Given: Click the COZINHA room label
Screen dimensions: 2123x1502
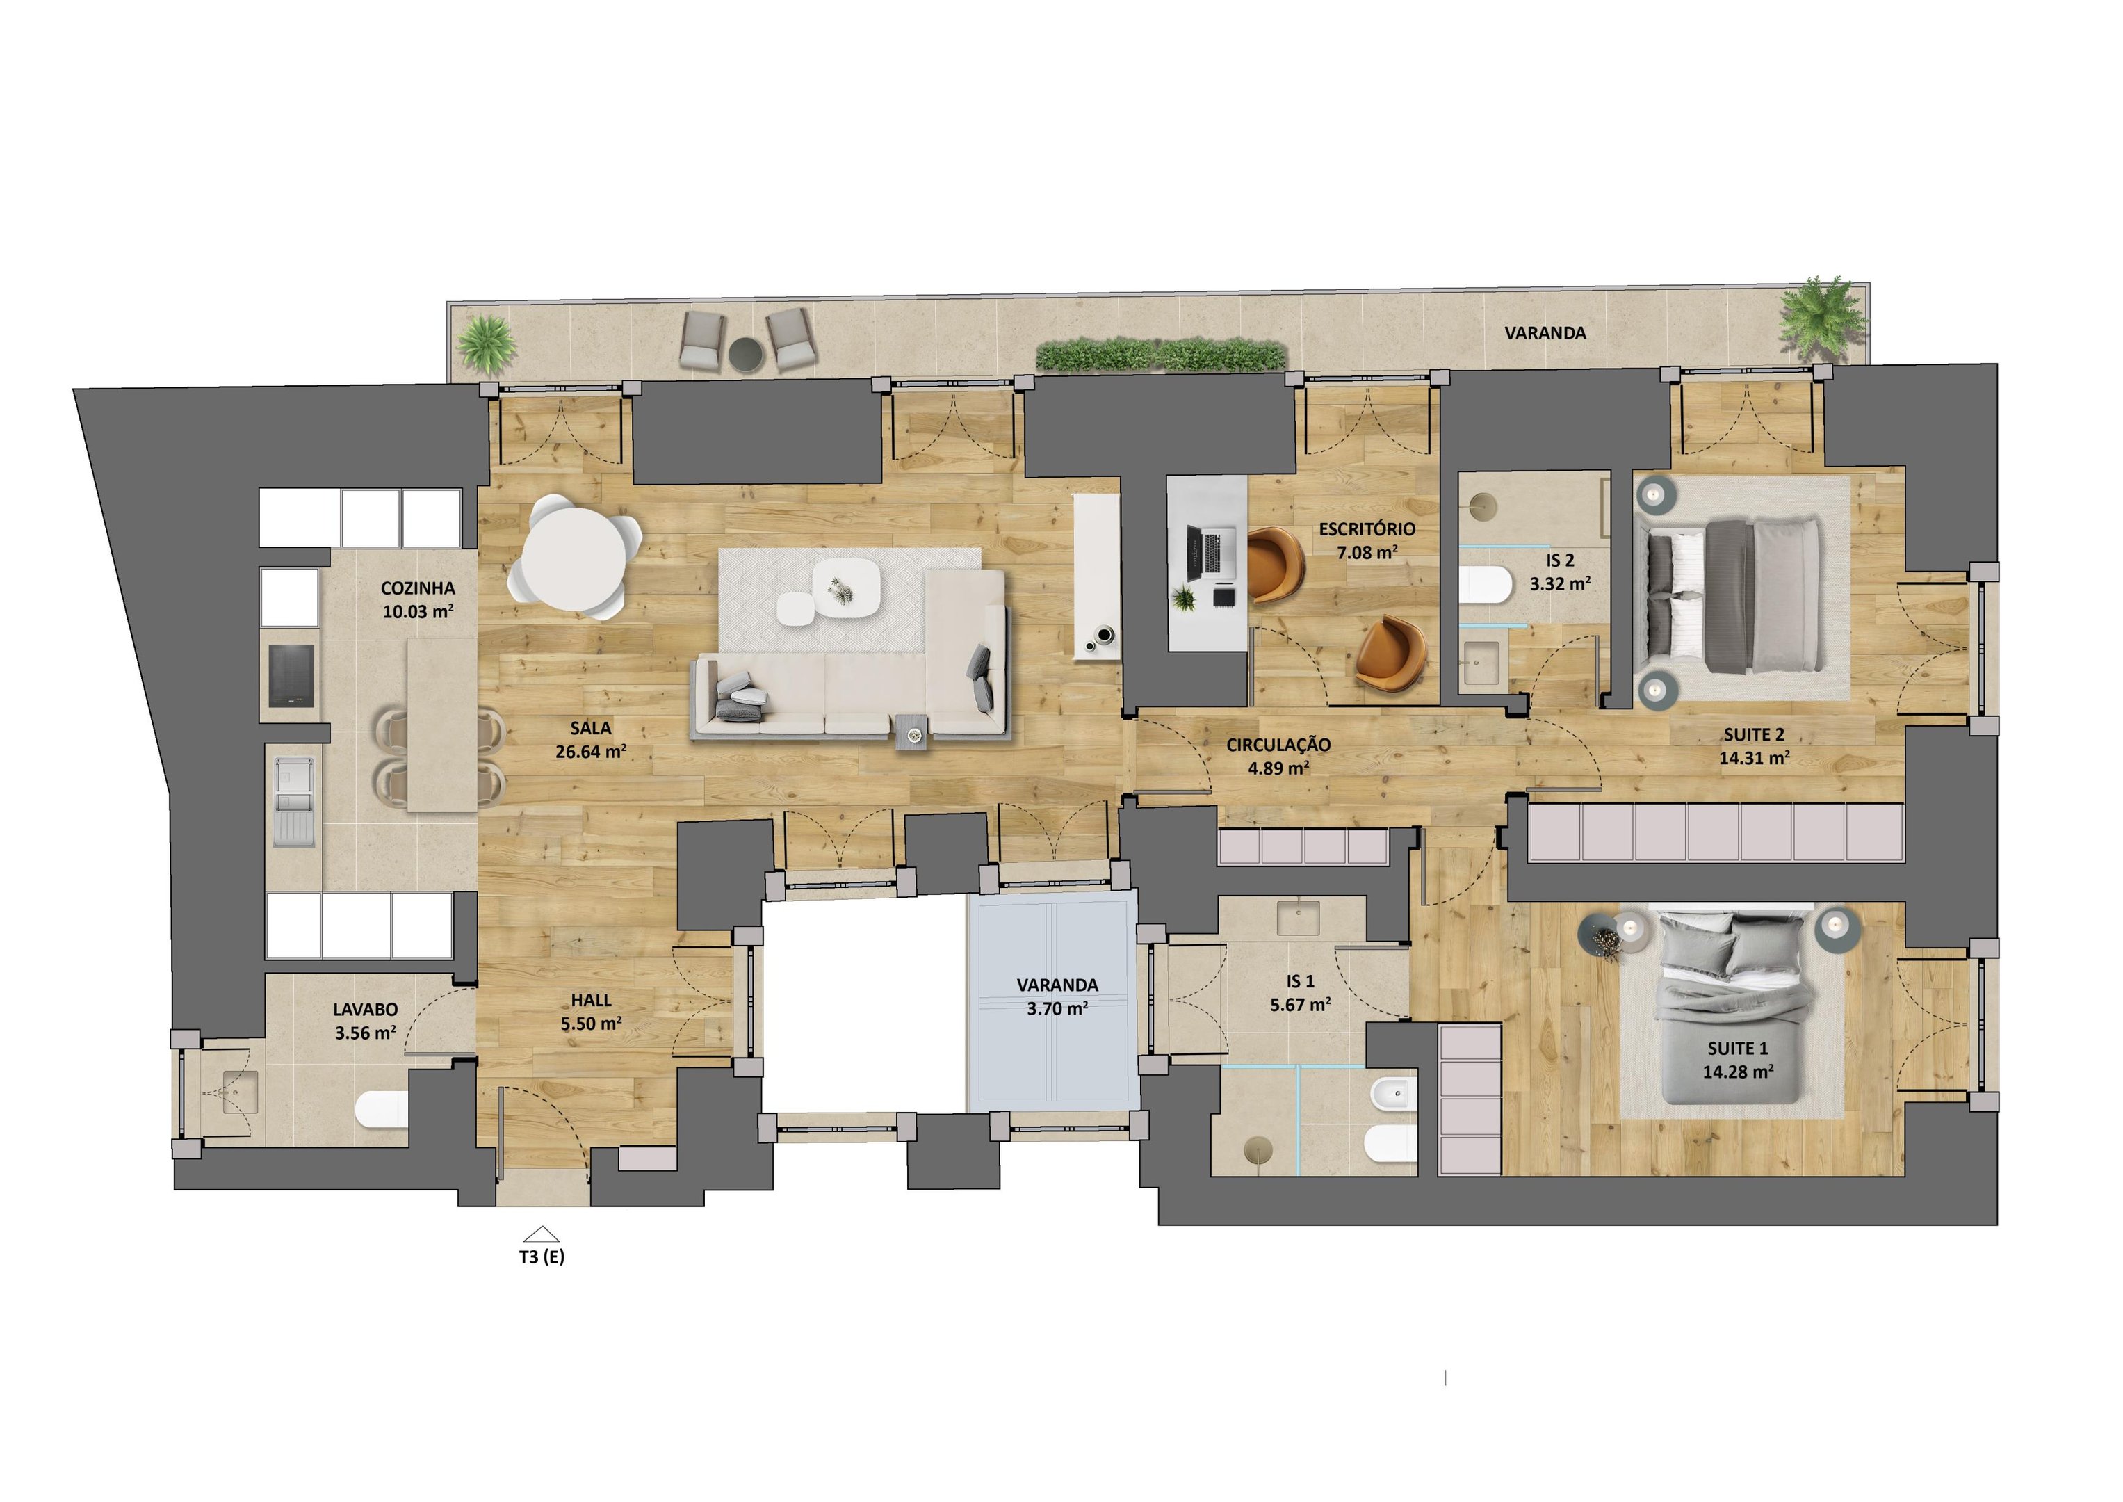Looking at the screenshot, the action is click(x=418, y=588).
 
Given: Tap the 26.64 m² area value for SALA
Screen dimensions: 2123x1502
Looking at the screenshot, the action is click(x=591, y=752).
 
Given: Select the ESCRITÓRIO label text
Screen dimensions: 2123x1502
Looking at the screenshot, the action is click(x=1367, y=529).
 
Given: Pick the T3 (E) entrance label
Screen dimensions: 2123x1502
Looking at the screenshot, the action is click(x=542, y=1257).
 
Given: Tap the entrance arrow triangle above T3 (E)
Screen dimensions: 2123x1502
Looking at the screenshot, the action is click(x=542, y=1234).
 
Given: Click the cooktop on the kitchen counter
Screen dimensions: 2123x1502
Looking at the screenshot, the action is click(x=291, y=675).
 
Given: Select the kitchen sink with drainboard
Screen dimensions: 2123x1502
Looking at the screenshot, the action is click(x=294, y=802).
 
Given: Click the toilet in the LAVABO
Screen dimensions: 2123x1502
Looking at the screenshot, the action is click(x=381, y=1109).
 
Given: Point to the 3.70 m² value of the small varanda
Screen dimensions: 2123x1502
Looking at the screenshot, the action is click(x=1057, y=1009).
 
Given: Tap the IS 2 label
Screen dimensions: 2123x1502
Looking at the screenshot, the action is click(x=1560, y=560).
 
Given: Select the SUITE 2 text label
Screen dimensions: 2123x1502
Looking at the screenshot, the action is click(x=1754, y=735).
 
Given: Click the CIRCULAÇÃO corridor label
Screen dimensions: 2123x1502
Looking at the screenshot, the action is click(x=1279, y=745).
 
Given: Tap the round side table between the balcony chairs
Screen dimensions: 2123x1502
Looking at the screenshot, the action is click(x=745, y=353).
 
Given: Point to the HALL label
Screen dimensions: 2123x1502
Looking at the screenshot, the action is click(x=591, y=1001).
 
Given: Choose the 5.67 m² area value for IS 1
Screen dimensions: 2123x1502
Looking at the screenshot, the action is click(x=1300, y=1004).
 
